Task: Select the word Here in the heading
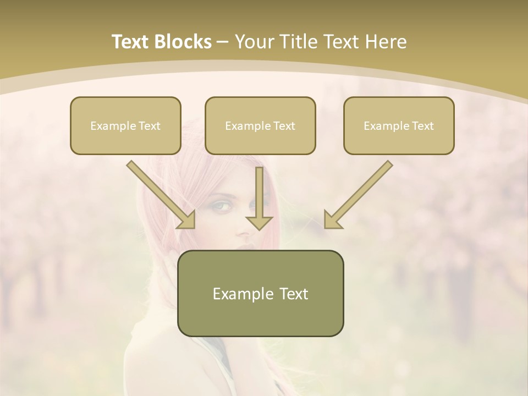coord(386,42)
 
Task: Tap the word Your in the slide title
coord(254,42)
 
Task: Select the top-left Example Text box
coord(125,125)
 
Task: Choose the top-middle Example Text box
coord(260,125)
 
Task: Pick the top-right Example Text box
coord(399,125)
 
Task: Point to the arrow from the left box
coord(159,194)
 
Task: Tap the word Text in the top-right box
coord(422,125)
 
